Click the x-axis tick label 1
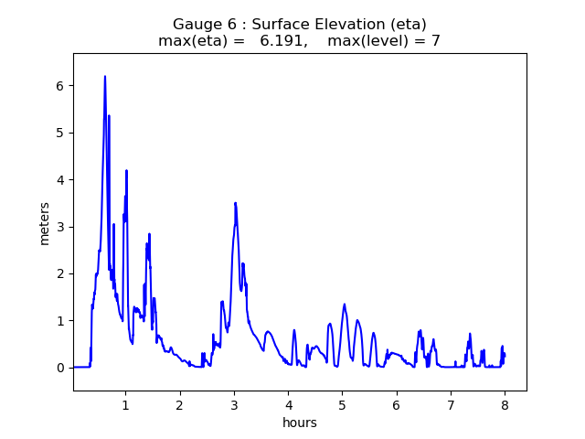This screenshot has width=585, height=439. coord(125,404)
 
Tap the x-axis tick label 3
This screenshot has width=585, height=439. coord(234,404)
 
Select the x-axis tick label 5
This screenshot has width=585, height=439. coord(342,404)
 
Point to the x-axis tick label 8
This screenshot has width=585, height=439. coord(505,404)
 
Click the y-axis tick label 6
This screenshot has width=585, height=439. coord(60,86)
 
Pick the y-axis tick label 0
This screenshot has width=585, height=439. coord(60,368)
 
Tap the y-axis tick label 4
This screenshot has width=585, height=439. coord(60,180)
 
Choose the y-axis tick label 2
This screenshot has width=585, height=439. coord(60,273)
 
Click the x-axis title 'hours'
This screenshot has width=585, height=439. coord(300,423)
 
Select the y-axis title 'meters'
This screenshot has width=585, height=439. coord(45,222)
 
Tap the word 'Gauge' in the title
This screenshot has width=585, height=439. coord(197,25)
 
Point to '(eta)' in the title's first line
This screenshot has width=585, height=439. coord(407,25)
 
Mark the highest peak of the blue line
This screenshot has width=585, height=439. coord(105,77)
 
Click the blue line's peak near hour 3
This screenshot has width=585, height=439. coord(235,203)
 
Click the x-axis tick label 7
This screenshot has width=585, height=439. coord(451,404)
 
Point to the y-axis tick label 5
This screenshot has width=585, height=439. coord(60,133)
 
